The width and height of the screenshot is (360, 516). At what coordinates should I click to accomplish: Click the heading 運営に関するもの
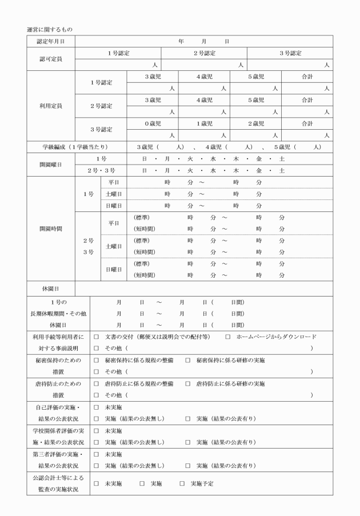pyautogui.click(x=49, y=29)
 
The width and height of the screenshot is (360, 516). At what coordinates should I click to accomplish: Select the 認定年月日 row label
pyautogui.click(x=51, y=42)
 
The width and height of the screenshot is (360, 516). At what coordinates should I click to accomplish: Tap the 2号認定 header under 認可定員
pyautogui.click(x=204, y=53)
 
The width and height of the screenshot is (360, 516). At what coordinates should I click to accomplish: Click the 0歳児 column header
pyautogui.click(x=153, y=123)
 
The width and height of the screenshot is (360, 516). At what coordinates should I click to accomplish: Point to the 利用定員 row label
pyautogui.click(x=51, y=106)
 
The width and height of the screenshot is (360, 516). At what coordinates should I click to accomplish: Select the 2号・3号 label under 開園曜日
pyautogui.click(x=101, y=170)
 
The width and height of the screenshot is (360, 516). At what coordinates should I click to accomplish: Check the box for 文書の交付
pyautogui.click(x=97, y=337)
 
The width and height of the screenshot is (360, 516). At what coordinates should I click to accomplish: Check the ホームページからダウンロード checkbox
pyautogui.click(x=228, y=337)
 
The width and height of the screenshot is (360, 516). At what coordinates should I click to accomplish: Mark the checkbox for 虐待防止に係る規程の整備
pyautogui.click(x=97, y=384)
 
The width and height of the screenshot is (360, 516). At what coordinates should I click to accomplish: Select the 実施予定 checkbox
pyautogui.click(x=182, y=483)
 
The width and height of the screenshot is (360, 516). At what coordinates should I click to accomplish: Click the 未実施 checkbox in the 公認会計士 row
pyautogui.click(x=97, y=483)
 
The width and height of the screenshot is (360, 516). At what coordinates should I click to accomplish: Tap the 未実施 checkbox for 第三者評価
pyautogui.click(x=97, y=455)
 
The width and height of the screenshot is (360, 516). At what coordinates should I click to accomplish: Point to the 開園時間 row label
pyautogui.click(x=51, y=229)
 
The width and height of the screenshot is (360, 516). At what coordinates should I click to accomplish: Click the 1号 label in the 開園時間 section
pyautogui.click(x=88, y=194)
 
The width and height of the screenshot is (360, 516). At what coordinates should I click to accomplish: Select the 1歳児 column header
pyautogui.click(x=204, y=123)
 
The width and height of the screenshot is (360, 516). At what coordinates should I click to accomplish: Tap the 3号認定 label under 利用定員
pyautogui.click(x=101, y=129)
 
